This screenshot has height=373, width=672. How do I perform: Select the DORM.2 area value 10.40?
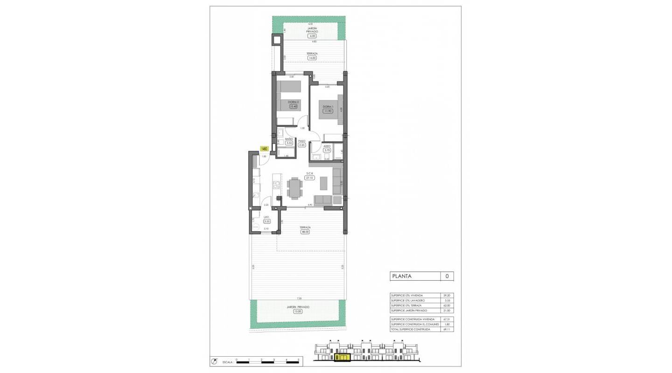[293, 106]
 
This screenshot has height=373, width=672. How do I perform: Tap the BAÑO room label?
[289, 139]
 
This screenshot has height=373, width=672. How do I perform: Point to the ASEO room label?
[327, 146]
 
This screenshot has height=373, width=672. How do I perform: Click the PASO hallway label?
[302, 141]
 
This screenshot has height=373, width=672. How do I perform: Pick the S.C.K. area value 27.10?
[309, 178]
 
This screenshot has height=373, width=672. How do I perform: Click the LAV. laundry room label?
[267, 217]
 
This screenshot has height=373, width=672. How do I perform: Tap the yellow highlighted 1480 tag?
[264, 149]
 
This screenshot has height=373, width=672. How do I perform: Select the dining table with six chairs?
[294, 189]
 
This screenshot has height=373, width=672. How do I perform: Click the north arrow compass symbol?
[215, 361]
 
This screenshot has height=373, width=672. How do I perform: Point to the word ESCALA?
[227, 361]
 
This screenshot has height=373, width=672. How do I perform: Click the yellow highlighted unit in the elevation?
[343, 358]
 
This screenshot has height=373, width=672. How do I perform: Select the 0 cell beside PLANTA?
[447, 276]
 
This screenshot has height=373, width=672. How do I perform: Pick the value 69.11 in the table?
[447, 329]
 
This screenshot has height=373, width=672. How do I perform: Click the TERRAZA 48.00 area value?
[305, 232]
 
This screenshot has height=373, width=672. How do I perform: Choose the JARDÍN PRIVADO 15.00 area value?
[298, 311]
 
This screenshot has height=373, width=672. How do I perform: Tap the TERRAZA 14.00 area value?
[312, 58]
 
